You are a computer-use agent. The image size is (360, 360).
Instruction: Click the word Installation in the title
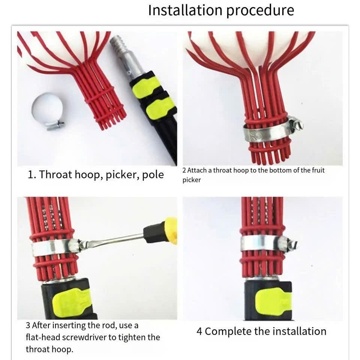[186, 10]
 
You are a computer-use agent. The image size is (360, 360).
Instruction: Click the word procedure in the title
[260, 11]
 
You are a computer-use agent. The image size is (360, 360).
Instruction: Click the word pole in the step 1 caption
[153, 175]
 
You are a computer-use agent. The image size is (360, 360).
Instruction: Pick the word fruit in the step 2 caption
[318, 170]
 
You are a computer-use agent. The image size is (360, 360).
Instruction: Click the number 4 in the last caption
[199, 331]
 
